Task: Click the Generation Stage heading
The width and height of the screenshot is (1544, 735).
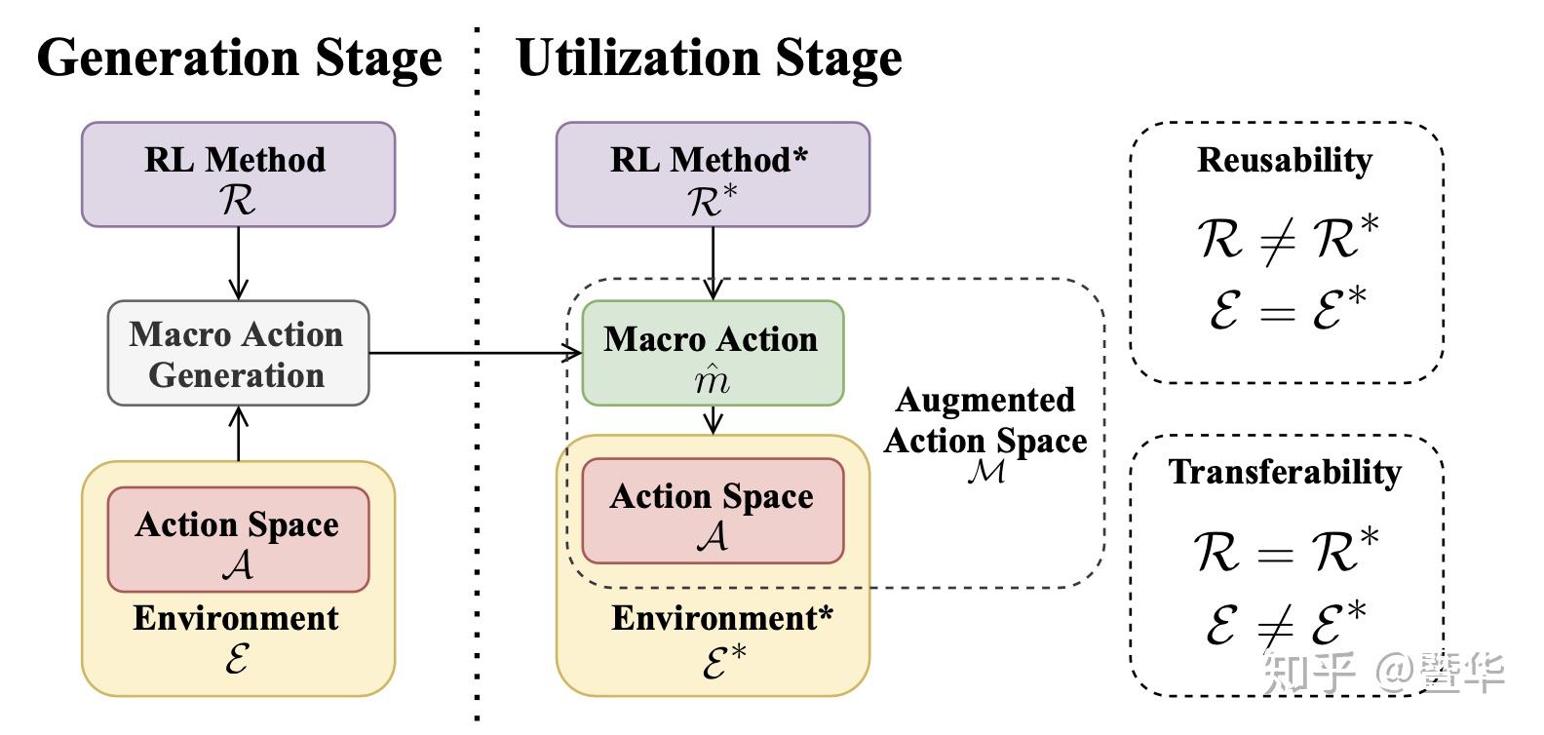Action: tap(239, 58)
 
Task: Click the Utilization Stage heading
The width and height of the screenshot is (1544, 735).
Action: tap(709, 58)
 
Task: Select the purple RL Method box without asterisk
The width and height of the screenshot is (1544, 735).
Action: tap(238, 174)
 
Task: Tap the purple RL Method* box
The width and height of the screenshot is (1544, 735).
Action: tap(713, 174)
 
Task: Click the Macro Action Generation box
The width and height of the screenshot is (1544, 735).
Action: tap(238, 353)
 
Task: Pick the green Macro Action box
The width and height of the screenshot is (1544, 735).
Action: tap(713, 353)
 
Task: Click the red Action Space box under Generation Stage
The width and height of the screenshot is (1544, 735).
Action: tap(238, 539)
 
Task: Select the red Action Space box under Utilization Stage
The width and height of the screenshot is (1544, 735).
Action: tap(713, 511)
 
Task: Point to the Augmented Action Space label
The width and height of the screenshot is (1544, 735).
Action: tap(985, 420)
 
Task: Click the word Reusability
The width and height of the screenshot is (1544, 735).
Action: tap(1285, 160)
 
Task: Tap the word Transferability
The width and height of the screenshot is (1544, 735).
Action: tap(1285, 472)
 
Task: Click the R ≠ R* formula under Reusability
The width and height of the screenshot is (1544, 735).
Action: tap(1287, 239)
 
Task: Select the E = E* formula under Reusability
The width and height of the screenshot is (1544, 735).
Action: tap(1287, 309)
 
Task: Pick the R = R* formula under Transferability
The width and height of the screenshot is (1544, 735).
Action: tap(1287, 551)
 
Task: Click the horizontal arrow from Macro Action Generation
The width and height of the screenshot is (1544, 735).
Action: tap(468, 353)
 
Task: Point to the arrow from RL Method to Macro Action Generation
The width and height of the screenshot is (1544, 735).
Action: tap(238, 263)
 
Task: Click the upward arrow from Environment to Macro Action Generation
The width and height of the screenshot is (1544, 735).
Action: tap(238, 434)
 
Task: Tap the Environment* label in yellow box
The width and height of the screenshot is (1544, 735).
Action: tap(722, 618)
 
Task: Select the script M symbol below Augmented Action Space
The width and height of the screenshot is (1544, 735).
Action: tap(986, 472)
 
